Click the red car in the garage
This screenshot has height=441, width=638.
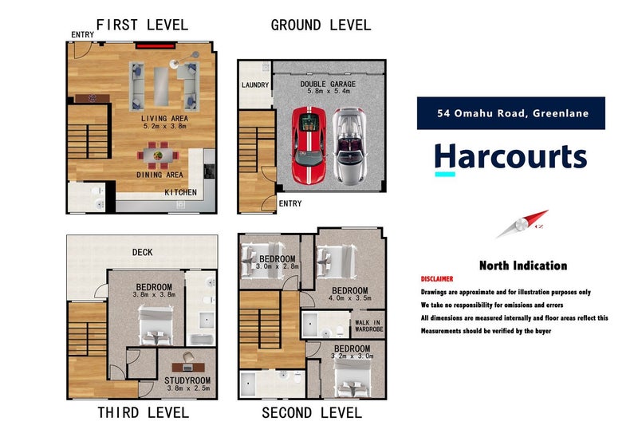coord(309,146)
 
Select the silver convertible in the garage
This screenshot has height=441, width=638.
coord(349,145)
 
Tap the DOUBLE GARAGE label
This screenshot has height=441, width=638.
coord(328,84)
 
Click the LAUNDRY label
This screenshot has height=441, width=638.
coord(254,85)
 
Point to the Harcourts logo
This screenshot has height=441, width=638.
coord(510,156)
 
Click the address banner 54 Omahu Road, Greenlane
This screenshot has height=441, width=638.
coord(510,113)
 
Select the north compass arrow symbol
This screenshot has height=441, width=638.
coord(522,225)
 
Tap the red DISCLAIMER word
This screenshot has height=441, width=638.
coord(436,279)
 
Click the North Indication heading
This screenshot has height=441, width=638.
coord(522,266)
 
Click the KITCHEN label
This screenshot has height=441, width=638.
coord(180,192)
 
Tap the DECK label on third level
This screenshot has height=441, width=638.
coord(143,253)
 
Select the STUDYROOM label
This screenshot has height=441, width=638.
coord(187,380)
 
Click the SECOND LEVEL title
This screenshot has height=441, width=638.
coord(312,412)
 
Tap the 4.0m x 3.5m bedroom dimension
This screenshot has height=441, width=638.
coord(349,300)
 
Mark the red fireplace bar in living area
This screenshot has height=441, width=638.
coord(157,46)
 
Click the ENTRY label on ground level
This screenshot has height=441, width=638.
coord(289,204)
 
